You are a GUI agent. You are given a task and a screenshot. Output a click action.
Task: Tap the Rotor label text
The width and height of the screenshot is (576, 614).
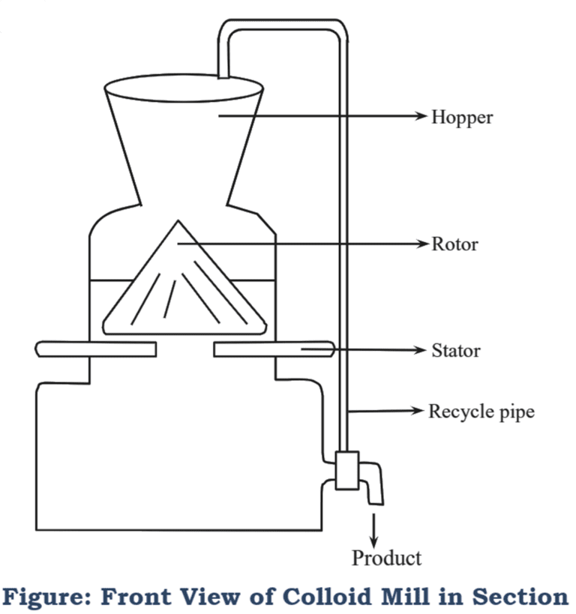pos(454,244)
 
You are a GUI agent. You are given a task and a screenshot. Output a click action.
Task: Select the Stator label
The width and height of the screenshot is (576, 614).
pos(456,350)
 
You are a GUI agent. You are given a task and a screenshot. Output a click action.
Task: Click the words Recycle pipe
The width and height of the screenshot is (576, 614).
pos(481,412)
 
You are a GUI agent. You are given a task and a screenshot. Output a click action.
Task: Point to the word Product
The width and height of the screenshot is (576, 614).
pos(386,558)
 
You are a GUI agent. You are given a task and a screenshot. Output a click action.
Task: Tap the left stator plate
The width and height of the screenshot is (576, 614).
pos(95,349)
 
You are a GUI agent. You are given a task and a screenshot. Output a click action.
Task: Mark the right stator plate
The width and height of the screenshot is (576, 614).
pos(273,349)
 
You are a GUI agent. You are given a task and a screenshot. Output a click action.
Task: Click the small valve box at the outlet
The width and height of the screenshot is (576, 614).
pos(346,470)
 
